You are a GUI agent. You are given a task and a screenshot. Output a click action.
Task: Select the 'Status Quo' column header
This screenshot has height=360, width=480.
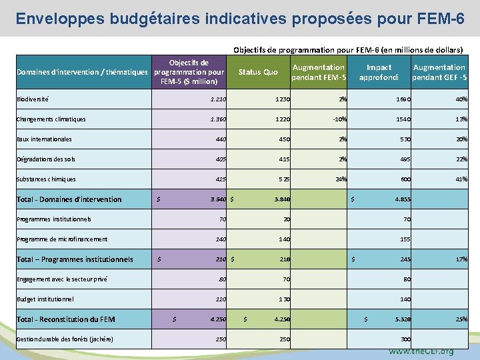coord(258,72)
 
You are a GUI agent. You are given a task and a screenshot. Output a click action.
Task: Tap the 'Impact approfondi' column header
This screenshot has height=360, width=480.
coord(379,72)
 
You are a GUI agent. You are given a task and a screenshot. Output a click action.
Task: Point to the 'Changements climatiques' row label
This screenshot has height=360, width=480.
coord(51,119)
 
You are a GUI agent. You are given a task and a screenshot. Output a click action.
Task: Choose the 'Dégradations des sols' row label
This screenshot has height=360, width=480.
coord(46,159)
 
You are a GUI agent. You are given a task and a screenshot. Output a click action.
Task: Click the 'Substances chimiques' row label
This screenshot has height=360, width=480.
coord(46,179)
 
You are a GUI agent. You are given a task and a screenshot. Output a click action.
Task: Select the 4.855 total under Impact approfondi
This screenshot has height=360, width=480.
coord(402,199)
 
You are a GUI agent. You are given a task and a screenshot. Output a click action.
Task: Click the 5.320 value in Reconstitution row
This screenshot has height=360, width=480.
coord(402,319)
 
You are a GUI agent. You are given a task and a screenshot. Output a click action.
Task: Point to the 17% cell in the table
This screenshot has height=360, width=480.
coord(461,259)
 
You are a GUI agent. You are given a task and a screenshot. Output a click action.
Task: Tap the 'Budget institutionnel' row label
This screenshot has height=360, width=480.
coord(45,299)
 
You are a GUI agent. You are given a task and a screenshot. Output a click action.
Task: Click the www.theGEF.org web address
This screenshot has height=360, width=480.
coord(421,351)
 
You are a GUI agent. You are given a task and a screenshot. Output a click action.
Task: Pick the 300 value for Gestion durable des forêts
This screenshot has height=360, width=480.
coord(405,339)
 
